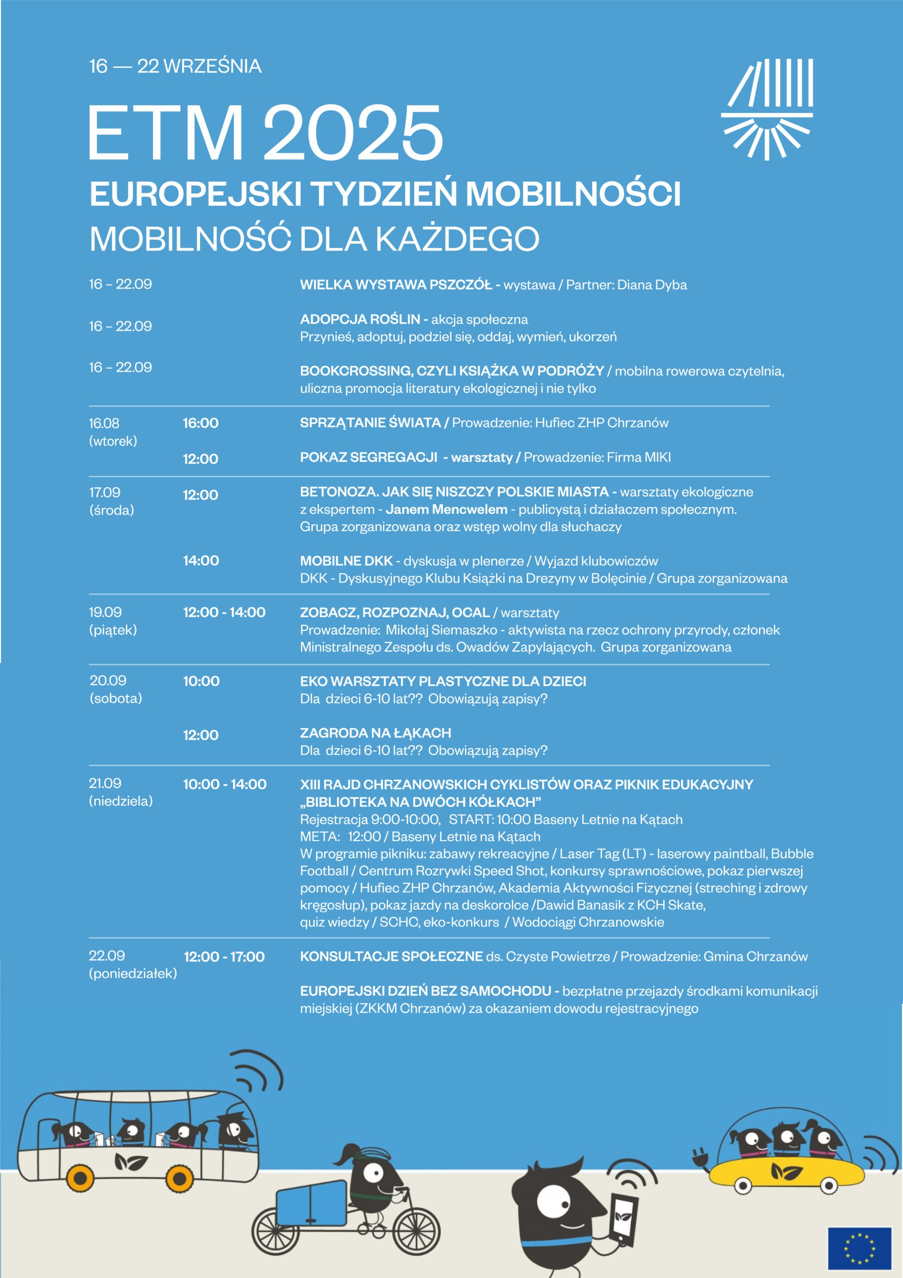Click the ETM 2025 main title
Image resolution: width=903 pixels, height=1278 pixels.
point(266,134)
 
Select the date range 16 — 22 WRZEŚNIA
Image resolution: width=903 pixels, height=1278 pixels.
point(175,66)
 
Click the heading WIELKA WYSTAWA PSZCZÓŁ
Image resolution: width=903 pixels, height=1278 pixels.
point(396,285)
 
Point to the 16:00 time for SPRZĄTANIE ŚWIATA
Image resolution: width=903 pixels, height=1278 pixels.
point(201,423)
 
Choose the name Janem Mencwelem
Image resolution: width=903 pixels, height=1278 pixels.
point(446,509)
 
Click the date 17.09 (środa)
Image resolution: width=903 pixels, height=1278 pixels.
point(111,501)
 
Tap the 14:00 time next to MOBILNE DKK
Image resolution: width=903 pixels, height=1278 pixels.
point(201,561)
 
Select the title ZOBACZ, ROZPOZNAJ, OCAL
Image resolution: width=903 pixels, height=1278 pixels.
point(395,613)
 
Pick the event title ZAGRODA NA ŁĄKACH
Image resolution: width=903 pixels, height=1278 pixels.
point(375,733)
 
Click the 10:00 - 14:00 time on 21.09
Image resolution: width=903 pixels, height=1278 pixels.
point(225,784)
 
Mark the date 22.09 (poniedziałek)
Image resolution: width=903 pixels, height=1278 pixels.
point(132,964)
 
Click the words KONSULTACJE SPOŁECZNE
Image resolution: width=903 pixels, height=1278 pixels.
point(391,957)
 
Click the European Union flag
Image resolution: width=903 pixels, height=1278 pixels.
point(859,1248)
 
